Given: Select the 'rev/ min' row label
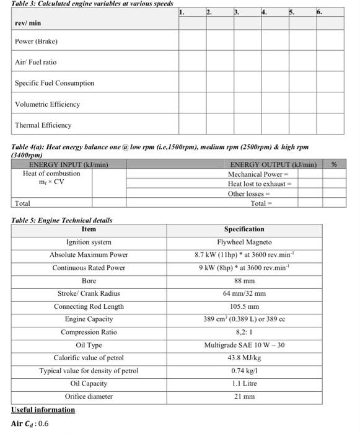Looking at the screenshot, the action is [28, 24].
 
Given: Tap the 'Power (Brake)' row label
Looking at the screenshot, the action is [36, 42].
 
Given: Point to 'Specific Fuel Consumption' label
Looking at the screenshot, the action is [55, 83].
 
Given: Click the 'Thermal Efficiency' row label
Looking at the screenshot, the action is [43, 125].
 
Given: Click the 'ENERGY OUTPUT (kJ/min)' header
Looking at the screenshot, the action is [273, 164].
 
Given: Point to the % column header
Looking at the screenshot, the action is [334, 164].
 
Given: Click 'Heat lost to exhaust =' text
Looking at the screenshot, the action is [260, 184].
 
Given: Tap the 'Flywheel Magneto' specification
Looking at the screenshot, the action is [244, 242].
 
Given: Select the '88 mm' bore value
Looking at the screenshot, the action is [244, 281].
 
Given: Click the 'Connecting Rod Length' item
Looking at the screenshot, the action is [89, 306].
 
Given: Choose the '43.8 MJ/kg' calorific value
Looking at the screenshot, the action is [244, 358].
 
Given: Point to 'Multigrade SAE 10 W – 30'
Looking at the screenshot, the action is [244, 345].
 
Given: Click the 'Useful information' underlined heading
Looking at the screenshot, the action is [43, 410].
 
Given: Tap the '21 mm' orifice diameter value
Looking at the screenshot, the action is [244, 396].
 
